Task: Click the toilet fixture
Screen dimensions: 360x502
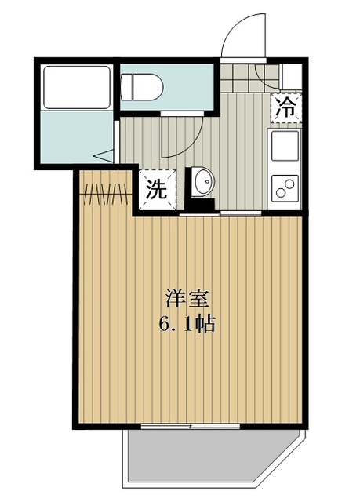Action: coord(142,87)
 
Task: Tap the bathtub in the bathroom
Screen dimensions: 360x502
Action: coord(77,87)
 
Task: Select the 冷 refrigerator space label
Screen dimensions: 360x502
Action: coord(285,108)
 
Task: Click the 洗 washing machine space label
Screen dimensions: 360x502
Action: coord(157,190)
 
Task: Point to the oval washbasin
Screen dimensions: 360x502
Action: coord(204,181)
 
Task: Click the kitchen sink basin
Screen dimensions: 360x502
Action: coord(285,145)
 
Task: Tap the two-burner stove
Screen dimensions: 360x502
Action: coord(285,188)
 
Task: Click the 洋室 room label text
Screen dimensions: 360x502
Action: coord(187,298)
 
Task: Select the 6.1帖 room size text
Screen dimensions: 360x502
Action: coord(187,323)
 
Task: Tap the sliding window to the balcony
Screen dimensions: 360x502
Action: coord(191,426)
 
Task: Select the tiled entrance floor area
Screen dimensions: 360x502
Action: coord(249,78)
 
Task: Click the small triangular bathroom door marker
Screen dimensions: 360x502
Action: coord(104,155)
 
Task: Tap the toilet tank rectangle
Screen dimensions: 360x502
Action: coord(125,87)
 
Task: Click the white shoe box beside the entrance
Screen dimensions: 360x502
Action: coord(291,77)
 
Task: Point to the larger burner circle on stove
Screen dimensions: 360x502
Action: coord(289,184)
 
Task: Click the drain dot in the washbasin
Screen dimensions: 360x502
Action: coord(208,181)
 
